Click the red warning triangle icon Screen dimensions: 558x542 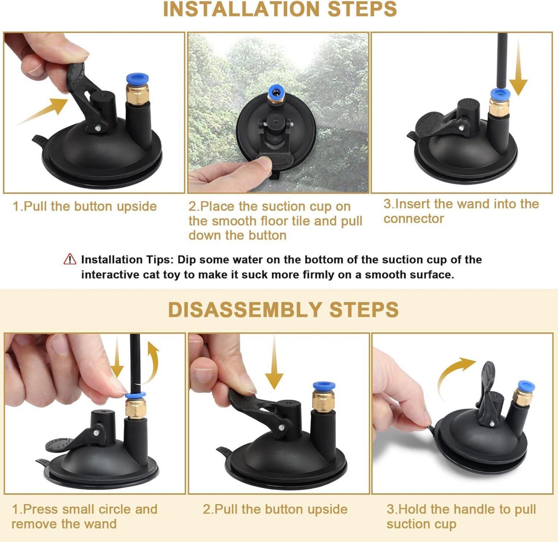(x=70, y=259)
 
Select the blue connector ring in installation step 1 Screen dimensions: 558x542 (x=137, y=79)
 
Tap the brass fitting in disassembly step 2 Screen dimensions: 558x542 (x=323, y=401)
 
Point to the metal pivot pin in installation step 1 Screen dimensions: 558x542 (x=98, y=128)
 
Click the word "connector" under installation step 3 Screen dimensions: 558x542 (x=414, y=219)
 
